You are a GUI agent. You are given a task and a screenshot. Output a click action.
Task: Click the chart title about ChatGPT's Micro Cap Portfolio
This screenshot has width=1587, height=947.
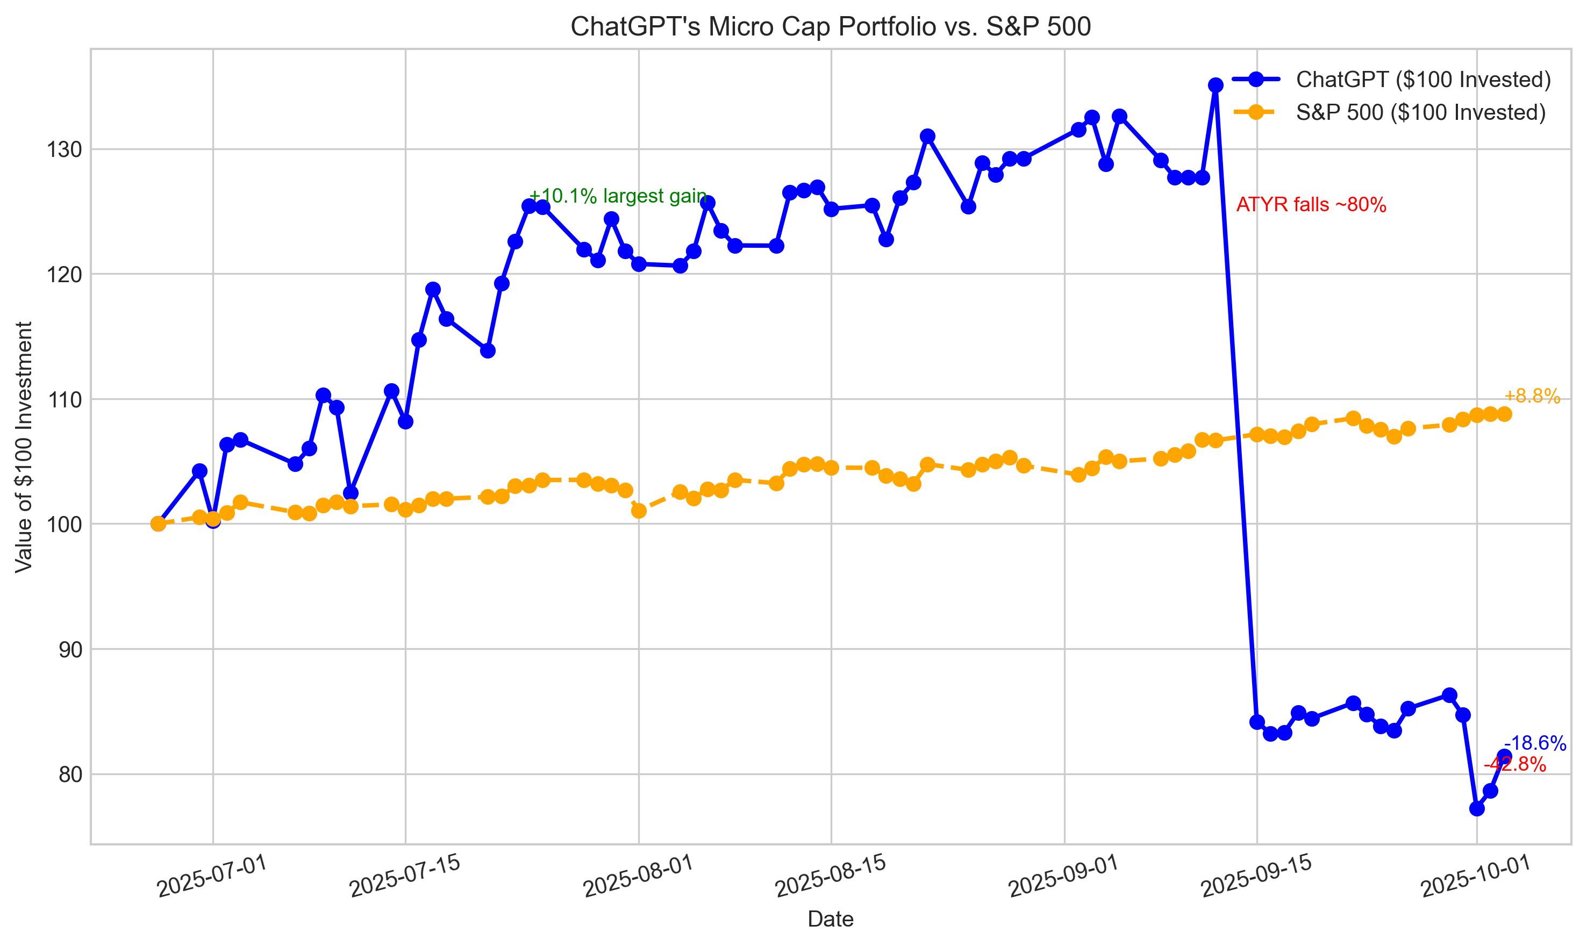click(x=830, y=27)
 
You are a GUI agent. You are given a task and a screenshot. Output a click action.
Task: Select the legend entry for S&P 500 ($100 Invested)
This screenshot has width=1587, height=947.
click(x=1420, y=112)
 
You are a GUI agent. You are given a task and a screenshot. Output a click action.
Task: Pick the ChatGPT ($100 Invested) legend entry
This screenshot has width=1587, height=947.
click(x=1423, y=79)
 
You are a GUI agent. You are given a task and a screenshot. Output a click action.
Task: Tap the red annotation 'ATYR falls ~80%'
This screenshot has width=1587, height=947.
click(x=1311, y=205)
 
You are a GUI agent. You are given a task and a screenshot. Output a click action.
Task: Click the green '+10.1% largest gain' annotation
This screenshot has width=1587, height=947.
click(x=618, y=196)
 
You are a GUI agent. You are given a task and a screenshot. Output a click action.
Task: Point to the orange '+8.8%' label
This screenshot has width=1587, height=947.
click(x=1532, y=396)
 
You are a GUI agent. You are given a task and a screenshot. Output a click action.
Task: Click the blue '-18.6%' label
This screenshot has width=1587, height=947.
click(x=1535, y=743)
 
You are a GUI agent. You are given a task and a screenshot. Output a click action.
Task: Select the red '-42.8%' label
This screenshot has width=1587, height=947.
click(x=1514, y=764)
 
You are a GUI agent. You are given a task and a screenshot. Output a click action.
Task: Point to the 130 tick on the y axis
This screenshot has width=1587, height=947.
click(x=64, y=150)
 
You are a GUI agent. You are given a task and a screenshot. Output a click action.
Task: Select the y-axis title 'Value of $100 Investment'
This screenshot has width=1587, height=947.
click(x=24, y=447)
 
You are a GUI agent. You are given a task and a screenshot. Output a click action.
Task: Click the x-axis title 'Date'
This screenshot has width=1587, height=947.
click(x=830, y=919)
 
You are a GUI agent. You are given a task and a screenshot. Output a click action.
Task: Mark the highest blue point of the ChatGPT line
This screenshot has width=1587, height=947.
click(x=1216, y=85)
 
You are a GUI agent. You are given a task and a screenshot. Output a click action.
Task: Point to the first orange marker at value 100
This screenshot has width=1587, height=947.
click(x=158, y=524)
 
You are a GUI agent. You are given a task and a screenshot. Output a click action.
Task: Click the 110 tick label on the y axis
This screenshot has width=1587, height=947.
click(x=64, y=400)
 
